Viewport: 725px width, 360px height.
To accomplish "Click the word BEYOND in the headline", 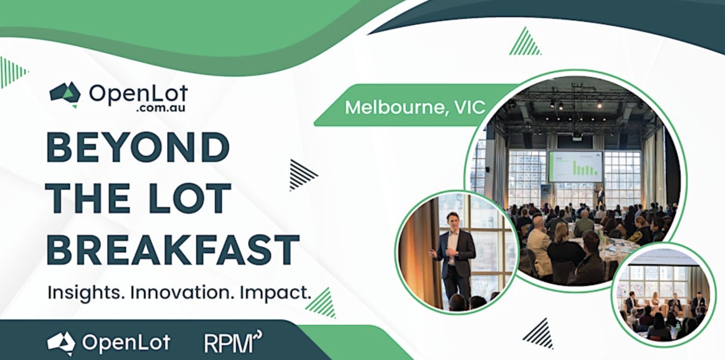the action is click(138, 147).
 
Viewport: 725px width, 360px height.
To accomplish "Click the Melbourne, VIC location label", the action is click(415, 107).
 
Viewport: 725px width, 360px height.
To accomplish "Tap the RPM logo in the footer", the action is click(233, 342).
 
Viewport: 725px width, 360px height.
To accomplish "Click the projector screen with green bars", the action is click(575, 166).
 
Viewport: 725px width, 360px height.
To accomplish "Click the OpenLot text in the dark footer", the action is click(126, 342).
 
